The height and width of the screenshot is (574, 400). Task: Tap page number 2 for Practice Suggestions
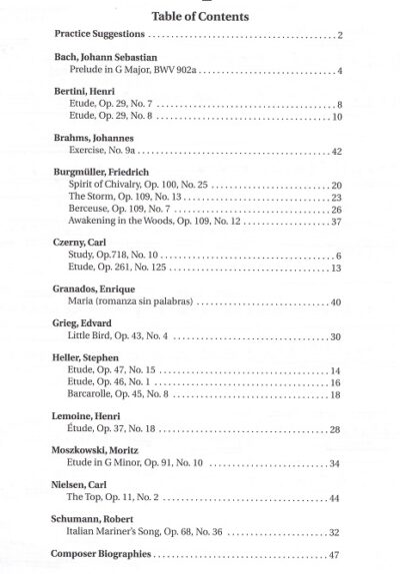[340, 37]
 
